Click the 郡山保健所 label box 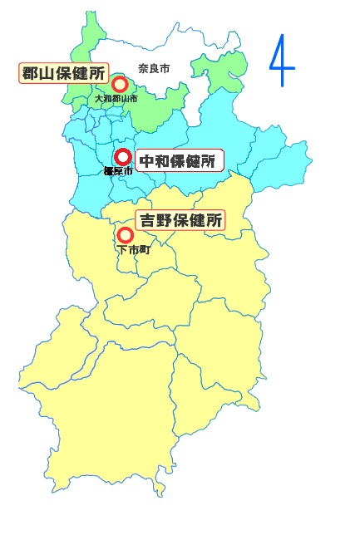pos(64,73)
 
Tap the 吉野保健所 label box pos(180,221)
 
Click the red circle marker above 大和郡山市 pos(120,84)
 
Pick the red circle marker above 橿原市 pos(123,156)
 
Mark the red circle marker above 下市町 pos(126,235)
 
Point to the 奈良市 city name pos(154,69)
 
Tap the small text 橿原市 pos(118,171)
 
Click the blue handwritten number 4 pos(283,60)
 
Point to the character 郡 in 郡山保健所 pos(32,73)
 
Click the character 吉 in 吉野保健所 pos(149,221)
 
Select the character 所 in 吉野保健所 pos(214,221)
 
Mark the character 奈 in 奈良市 pos(144,69)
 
